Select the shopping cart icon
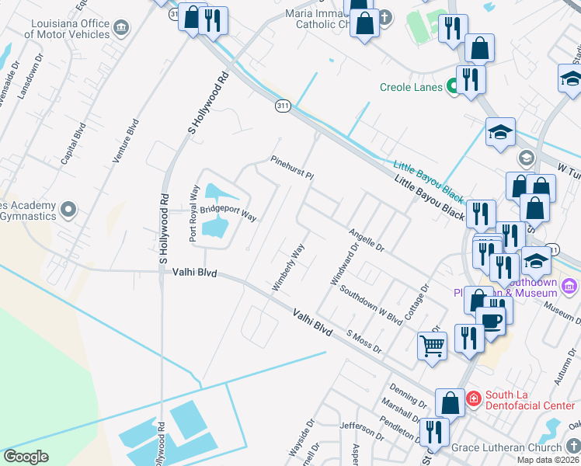point(432,346)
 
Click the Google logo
point(26,457)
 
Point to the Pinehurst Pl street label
point(291,168)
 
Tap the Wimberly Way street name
point(287,268)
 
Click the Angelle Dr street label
point(366,240)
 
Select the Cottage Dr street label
point(418,300)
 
